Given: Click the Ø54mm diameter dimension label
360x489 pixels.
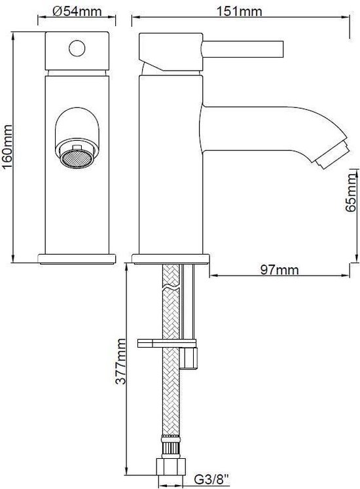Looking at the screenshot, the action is pyautogui.click(x=77, y=12).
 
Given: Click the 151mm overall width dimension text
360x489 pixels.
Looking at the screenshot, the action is pyautogui.click(x=240, y=12).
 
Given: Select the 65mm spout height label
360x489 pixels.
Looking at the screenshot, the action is pyautogui.click(x=351, y=192).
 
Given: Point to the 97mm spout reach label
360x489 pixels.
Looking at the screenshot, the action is pyautogui.click(x=279, y=270).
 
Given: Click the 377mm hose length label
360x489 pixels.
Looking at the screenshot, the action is pyautogui.click(x=120, y=361).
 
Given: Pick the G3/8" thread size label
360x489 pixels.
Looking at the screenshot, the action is pyautogui.click(x=211, y=479).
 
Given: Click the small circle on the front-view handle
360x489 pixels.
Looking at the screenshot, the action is pyautogui.click(x=77, y=48).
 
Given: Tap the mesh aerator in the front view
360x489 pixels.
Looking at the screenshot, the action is pyautogui.click(x=77, y=158).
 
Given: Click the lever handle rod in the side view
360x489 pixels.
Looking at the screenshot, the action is pyautogui.click(x=243, y=49).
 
